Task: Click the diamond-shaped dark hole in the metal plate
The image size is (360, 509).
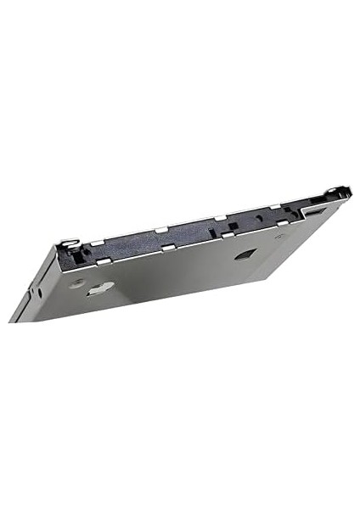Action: (x=245, y=254)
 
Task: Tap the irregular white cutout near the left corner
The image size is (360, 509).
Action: (x=100, y=289)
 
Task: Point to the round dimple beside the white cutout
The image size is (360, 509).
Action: (x=78, y=283)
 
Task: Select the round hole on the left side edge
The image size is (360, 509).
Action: (x=38, y=293)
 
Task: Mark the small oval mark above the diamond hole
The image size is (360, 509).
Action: (x=278, y=238)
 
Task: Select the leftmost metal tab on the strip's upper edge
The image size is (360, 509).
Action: (x=98, y=242)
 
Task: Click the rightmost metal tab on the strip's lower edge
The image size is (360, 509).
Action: (x=282, y=223)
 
